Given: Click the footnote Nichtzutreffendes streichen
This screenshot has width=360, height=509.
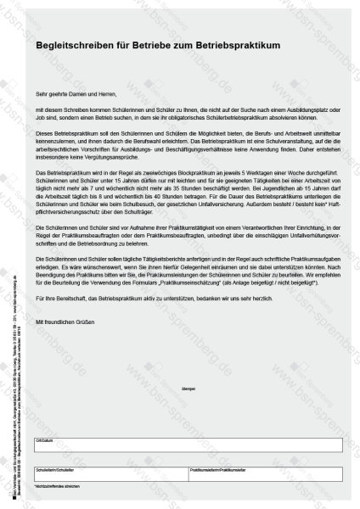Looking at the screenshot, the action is [57, 484].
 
